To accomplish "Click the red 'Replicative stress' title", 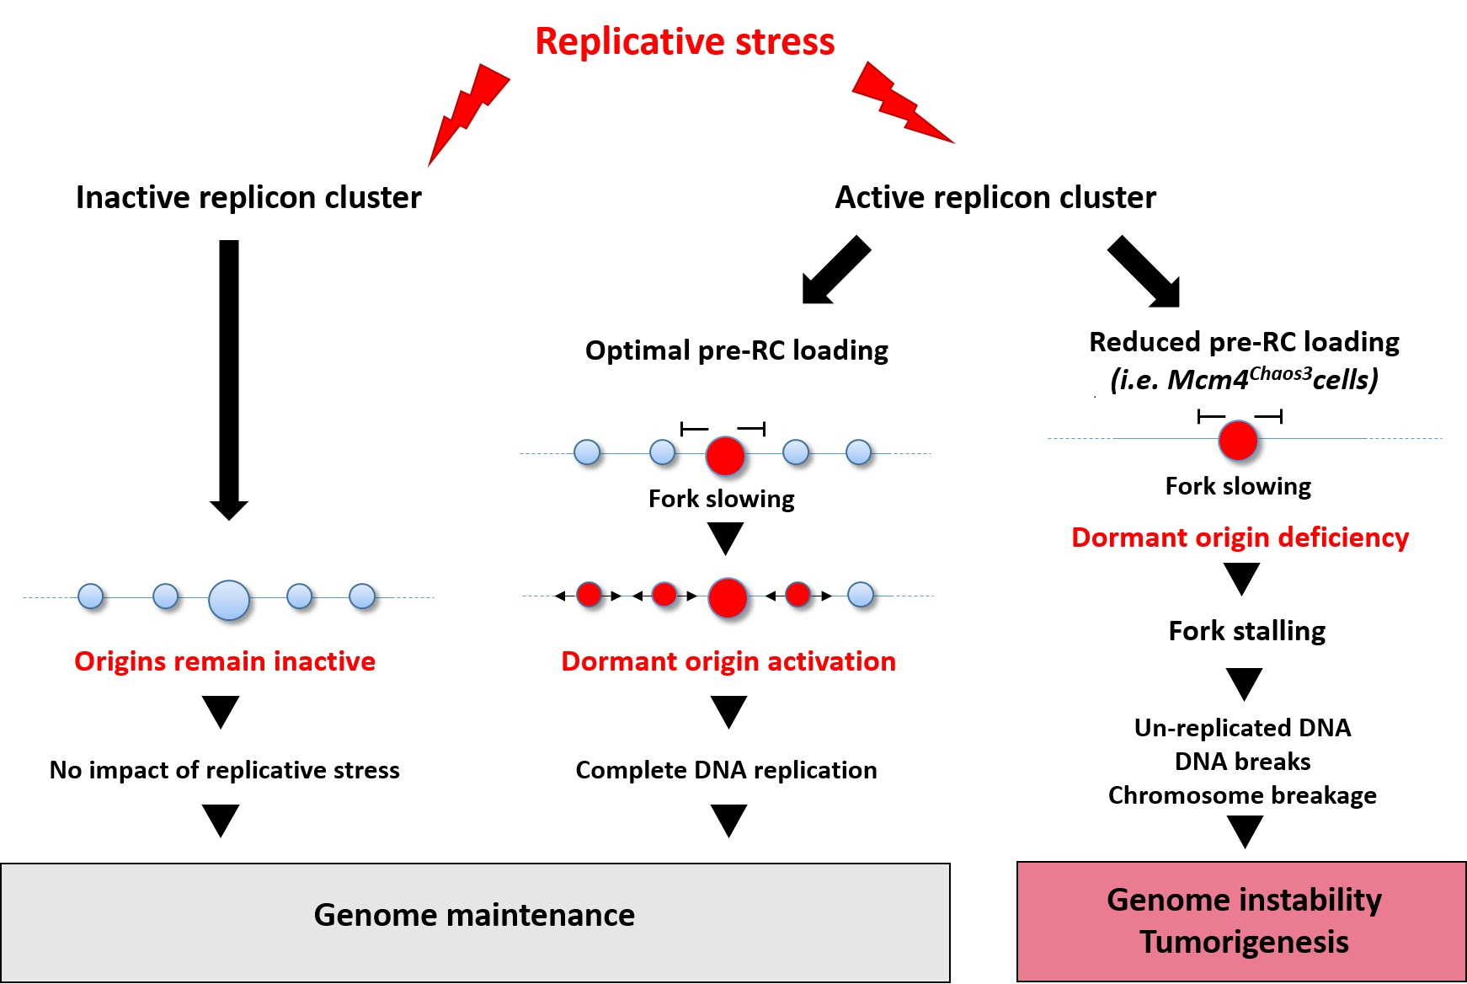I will (685, 42).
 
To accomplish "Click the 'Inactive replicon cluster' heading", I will (248, 197).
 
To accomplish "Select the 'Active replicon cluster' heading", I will (995, 197).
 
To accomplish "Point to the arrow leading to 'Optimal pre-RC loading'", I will (835, 270).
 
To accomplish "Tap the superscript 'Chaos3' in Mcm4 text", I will (1280, 373).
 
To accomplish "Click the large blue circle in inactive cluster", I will (229, 600).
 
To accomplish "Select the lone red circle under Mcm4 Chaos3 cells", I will (1238, 440).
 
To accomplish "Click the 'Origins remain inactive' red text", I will (225, 661).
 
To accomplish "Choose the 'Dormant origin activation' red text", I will (728, 661).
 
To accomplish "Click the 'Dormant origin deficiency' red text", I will (1240, 537).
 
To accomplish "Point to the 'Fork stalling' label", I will (1247, 631).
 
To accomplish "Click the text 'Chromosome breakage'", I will (1242, 795).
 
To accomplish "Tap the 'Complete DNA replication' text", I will (726, 770).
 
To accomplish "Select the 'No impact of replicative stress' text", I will (225, 770).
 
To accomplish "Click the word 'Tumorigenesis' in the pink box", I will (1244, 942).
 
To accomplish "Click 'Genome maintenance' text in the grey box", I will (474, 915).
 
